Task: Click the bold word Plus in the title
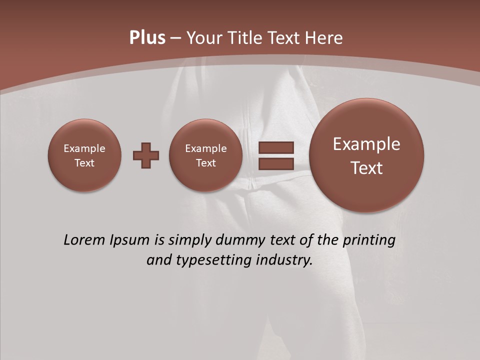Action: pyautogui.click(x=147, y=38)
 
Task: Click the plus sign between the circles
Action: pyautogui.click(x=146, y=155)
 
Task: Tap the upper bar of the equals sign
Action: pyautogui.click(x=276, y=147)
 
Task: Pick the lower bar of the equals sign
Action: pyautogui.click(x=276, y=163)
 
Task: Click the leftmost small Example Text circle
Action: pyautogui.click(x=84, y=155)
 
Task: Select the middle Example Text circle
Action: pyautogui.click(x=206, y=155)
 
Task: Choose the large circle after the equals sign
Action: pyautogui.click(x=366, y=155)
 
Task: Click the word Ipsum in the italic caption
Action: pyautogui.click(x=131, y=240)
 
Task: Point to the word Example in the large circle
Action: pyautogui.click(x=366, y=144)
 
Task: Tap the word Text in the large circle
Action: pyautogui.click(x=366, y=168)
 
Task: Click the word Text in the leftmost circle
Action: pyautogui.click(x=84, y=163)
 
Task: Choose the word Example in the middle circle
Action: pyautogui.click(x=206, y=148)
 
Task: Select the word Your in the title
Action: pyautogui.click(x=204, y=38)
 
